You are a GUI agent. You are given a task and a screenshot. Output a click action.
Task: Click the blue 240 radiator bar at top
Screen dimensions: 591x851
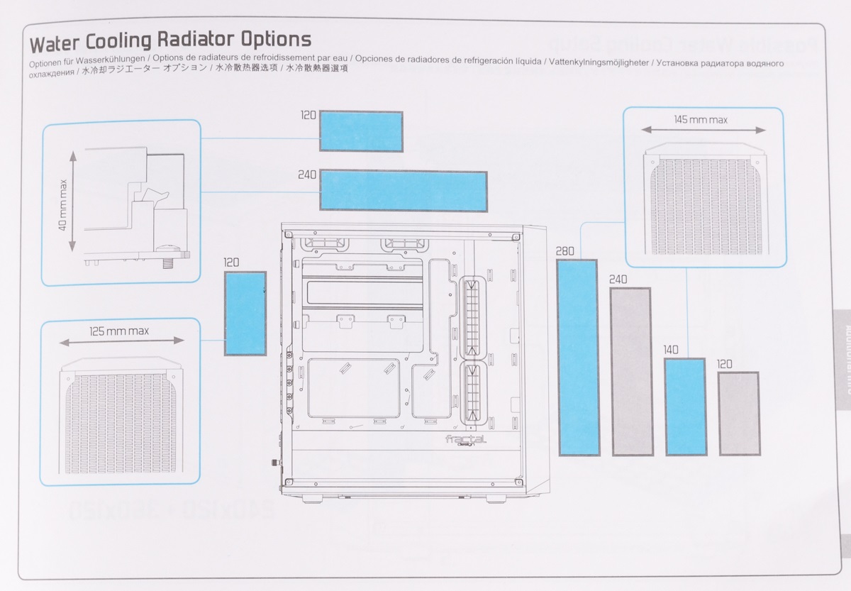tap(404, 190)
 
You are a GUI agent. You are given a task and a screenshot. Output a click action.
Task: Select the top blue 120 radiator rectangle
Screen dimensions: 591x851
tap(361, 131)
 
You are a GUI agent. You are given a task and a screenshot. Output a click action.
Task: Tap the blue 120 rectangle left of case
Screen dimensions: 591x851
tap(245, 313)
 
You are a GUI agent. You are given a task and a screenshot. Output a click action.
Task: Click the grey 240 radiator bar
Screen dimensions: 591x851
tap(630, 371)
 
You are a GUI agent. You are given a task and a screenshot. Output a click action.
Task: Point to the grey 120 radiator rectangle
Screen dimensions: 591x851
tap(738, 413)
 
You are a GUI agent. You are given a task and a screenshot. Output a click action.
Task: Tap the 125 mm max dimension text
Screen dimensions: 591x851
tap(119, 331)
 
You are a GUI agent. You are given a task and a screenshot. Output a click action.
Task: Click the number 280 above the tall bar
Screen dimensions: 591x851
tap(566, 251)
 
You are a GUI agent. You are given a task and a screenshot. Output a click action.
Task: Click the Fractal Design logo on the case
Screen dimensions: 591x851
tap(465, 441)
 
